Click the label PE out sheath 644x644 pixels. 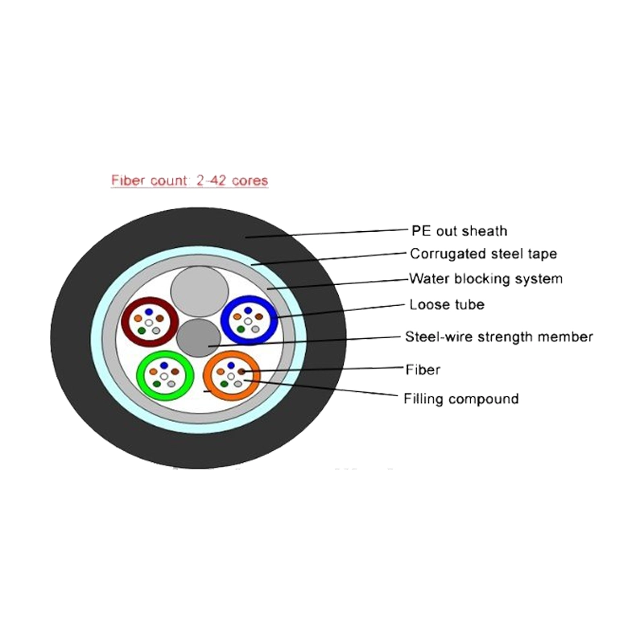pyautogui.click(x=459, y=231)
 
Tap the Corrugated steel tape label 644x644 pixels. pyautogui.click(x=484, y=254)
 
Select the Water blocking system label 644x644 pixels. pyautogui.click(x=486, y=279)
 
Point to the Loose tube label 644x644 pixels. pyautogui.click(x=447, y=305)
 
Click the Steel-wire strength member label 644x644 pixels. pyautogui.click(x=499, y=336)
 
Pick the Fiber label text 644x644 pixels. pyautogui.click(x=423, y=369)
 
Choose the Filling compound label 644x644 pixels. pyautogui.click(x=461, y=398)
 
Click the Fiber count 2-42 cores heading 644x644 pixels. pyautogui.click(x=189, y=180)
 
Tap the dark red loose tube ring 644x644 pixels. pyautogui.click(x=126, y=322)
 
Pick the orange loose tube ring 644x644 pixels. pyautogui.click(x=207, y=375)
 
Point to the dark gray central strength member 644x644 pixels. pyautogui.click(x=198, y=338)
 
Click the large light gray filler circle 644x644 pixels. pyautogui.click(x=200, y=291)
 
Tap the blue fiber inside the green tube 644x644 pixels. pyautogui.click(x=164, y=365)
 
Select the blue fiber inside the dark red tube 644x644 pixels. pyautogui.click(x=149, y=312)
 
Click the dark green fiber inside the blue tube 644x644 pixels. pyautogui.click(x=241, y=329)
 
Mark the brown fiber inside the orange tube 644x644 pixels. pyautogui.click(x=242, y=372)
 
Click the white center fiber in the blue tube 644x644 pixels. pyautogui.click(x=248, y=320)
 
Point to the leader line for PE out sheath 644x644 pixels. pyautogui.click(x=327, y=233)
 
